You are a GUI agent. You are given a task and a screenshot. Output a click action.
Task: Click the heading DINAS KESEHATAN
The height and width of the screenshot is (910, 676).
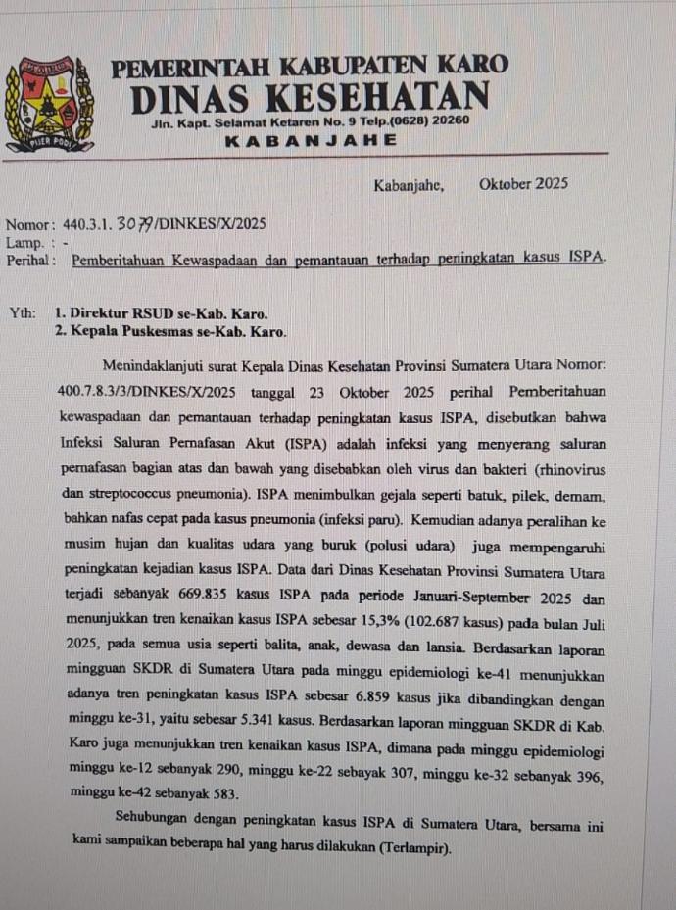pyautogui.click(x=310, y=97)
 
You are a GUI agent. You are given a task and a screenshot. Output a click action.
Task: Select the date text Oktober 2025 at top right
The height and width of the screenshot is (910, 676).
pyautogui.click(x=523, y=184)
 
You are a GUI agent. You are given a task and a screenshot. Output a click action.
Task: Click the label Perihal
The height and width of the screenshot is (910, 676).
pyautogui.click(x=28, y=260)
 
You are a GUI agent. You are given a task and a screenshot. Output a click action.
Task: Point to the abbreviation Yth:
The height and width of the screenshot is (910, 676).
pyautogui.click(x=23, y=313)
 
